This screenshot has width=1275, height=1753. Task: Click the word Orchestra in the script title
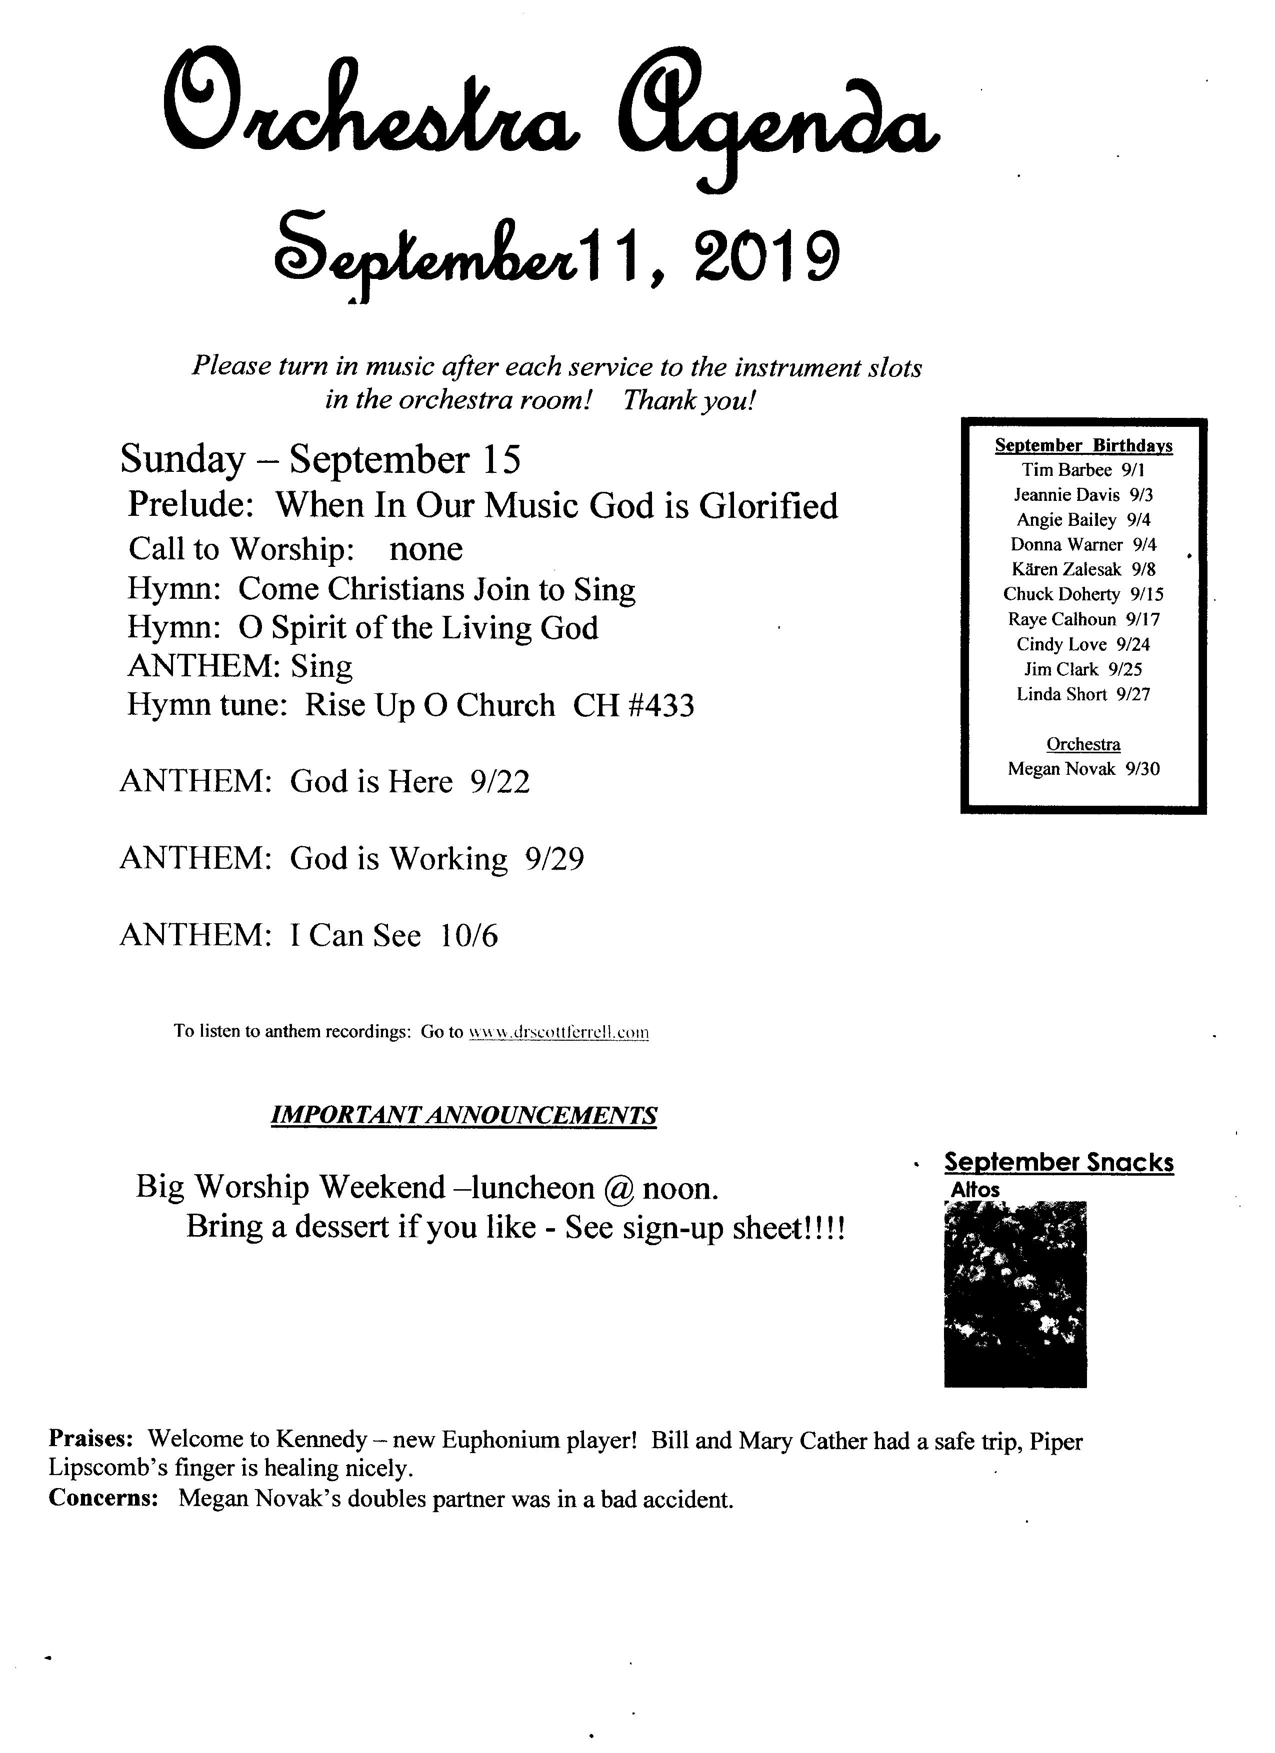tap(371, 108)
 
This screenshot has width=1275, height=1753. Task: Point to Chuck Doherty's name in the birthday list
tap(1061, 594)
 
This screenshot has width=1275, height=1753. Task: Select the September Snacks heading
tap(1058, 1163)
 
